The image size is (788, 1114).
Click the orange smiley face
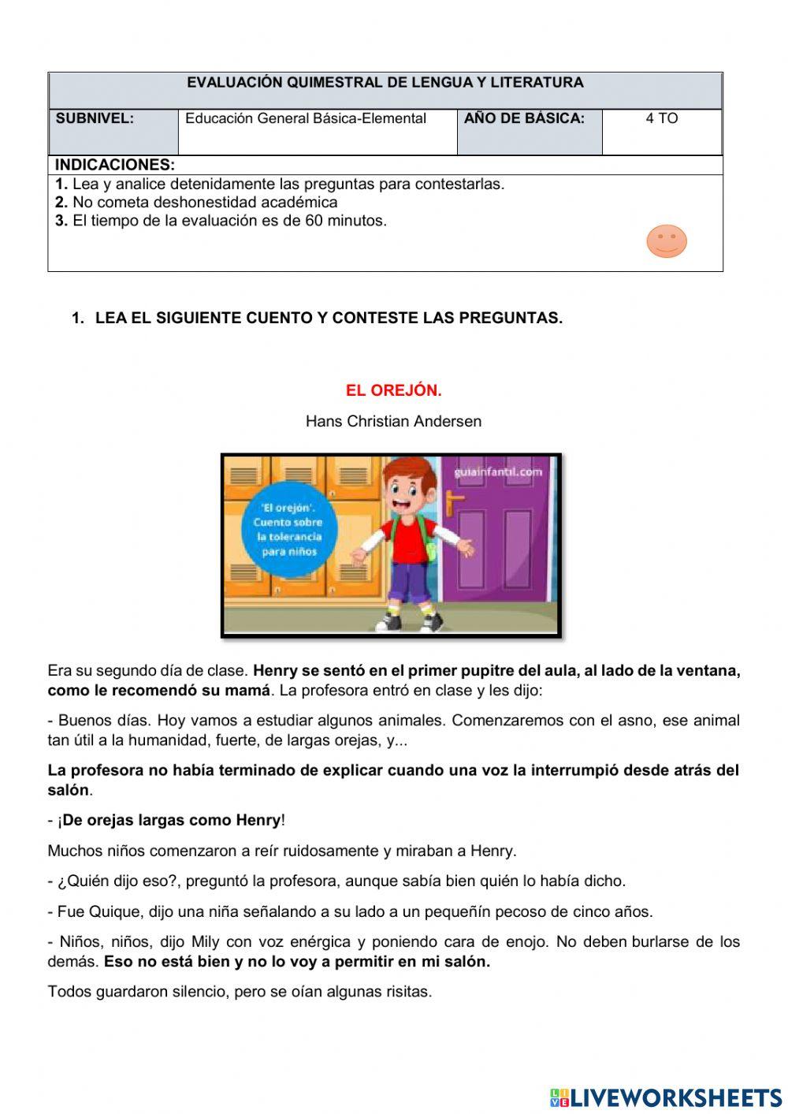[667, 241]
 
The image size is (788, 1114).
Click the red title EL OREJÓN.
[393, 390]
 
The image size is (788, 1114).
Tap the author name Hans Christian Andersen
[393, 421]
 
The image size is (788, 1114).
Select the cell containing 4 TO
[661, 119]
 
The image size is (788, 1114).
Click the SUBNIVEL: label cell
[95, 119]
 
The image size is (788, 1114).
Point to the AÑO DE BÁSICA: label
[524, 119]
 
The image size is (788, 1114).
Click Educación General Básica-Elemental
[306, 119]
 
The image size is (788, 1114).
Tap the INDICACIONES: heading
[115, 165]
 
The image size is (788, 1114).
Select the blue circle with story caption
[288, 529]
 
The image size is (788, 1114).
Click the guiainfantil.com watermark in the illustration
[498, 472]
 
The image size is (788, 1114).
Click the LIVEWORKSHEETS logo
[665, 1097]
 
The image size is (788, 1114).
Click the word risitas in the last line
[405, 992]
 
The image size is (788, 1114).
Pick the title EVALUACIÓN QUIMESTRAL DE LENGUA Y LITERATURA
[385, 83]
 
